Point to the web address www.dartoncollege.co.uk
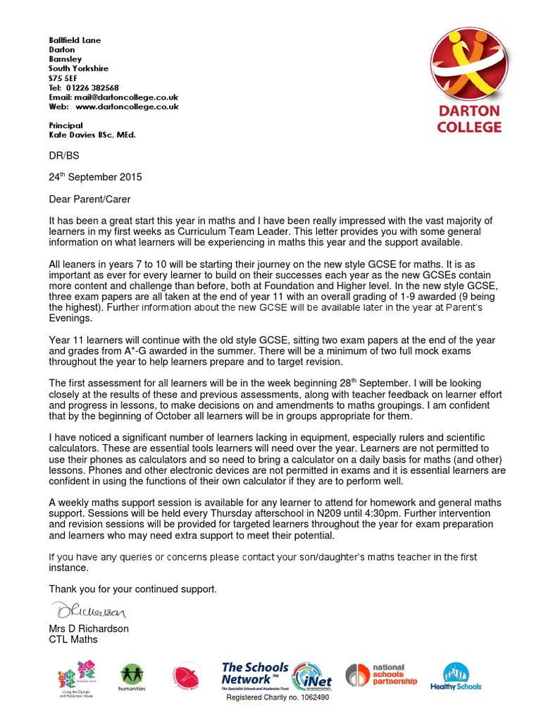pyautogui.click(x=127, y=106)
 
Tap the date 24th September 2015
pyautogui.click(x=95, y=177)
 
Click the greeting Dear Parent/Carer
pyautogui.click(x=89, y=200)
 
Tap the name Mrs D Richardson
pyautogui.click(x=89, y=628)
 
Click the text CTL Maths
pyautogui.click(x=73, y=640)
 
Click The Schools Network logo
pyautogui.click(x=255, y=675)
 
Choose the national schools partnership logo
pyautogui.click(x=381, y=675)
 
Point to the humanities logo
pyautogui.click(x=132, y=678)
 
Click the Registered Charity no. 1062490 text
pyautogui.click(x=276, y=697)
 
